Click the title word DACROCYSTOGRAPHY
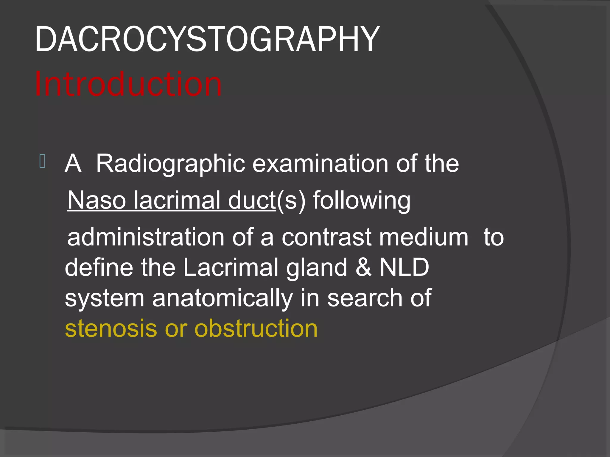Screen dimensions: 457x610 tap(207, 39)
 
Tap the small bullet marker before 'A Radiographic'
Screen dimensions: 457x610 tap(42, 161)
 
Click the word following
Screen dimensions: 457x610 tap(362, 201)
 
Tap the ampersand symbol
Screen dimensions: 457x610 tap(363, 267)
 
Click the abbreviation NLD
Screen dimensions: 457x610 tap(404, 267)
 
